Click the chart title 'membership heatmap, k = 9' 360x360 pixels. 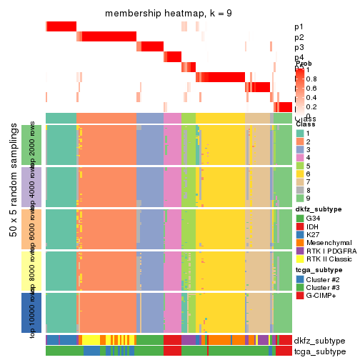[169, 14]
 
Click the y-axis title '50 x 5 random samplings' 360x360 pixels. [14, 229]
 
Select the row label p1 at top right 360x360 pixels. [299, 27]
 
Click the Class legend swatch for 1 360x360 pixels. [301, 134]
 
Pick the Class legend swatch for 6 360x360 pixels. [301, 173]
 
